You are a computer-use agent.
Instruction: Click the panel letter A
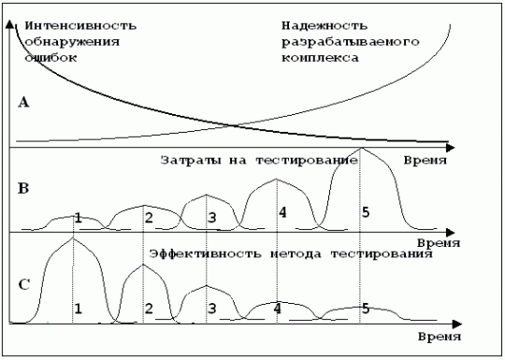coord(23,103)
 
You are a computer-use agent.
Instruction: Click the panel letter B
coord(23,188)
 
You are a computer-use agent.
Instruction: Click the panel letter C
coord(24,284)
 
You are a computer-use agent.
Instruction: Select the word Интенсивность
coord(80,26)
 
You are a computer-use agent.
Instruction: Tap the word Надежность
coord(325,26)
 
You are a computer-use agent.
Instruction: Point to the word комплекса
coord(320,58)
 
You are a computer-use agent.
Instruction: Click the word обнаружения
coord(72,42)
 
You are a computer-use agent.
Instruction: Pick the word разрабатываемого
coord(351,42)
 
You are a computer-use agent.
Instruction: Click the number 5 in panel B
coord(366,212)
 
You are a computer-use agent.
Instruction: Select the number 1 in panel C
coord(79,309)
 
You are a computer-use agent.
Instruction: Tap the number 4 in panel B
coord(282,212)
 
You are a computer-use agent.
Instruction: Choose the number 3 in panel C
coord(211,309)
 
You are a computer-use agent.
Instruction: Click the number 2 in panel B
coord(149,218)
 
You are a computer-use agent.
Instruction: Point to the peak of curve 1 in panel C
coord(73,238)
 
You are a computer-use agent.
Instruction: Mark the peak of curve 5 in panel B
coord(362,148)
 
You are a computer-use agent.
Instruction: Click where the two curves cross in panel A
coord(233,125)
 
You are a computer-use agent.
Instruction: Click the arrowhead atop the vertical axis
coord(10,24)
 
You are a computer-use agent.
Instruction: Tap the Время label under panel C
coord(440,337)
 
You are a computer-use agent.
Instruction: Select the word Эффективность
coord(206,254)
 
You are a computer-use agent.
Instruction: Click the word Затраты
coord(191,160)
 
